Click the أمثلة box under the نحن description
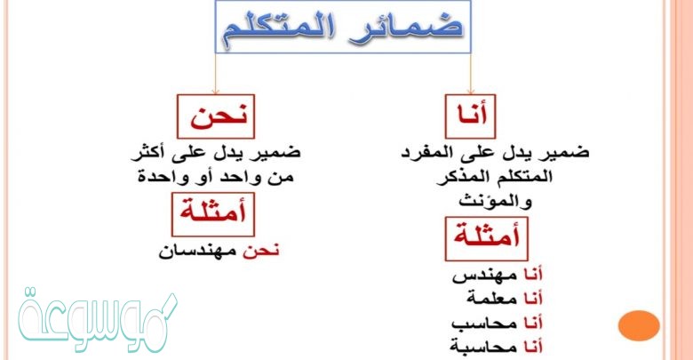click(x=211, y=213)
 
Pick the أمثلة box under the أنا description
click(x=487, y=237)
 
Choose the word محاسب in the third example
click(x=482, y=320)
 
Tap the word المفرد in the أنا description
click(x=452, y=152)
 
